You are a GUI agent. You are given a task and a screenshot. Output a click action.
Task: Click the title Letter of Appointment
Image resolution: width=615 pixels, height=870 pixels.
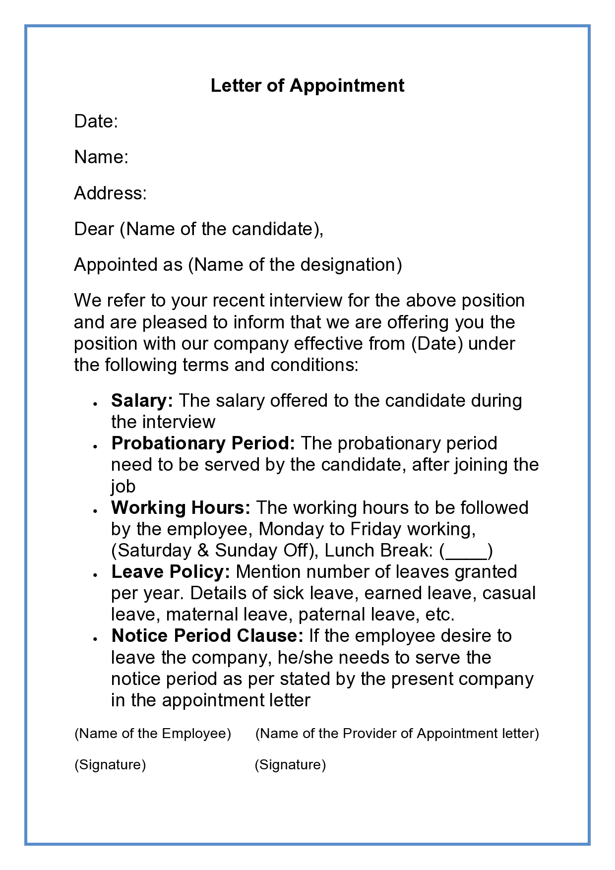click(x=307, y=86)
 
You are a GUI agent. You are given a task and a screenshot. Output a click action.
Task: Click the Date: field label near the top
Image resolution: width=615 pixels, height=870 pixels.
click(x=96, y=122)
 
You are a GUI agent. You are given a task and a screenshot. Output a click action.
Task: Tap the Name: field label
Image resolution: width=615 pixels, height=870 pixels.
click(x=101, y=157)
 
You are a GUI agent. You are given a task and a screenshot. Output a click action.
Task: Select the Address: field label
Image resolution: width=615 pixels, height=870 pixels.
click(x=110, y=193)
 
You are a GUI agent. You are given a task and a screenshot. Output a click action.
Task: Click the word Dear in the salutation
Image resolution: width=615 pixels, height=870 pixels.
click(x=94, y=229)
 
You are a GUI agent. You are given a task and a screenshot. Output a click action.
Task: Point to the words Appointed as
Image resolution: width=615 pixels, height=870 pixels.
click(x=128, y=265)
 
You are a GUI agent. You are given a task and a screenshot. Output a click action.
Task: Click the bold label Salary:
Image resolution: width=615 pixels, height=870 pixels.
click(x=142, y=400)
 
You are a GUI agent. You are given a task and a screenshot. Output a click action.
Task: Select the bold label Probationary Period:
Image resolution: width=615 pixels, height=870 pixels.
click(x=203, y=443)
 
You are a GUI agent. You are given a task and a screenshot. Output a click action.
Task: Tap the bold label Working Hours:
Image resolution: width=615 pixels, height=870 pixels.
click(x=181, y=507)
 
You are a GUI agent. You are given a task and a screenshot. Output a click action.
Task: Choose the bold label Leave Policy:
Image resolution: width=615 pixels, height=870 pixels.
click(x=171, y=571)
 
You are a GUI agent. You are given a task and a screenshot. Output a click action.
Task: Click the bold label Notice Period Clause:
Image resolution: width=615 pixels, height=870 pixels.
click(x=207, y=635)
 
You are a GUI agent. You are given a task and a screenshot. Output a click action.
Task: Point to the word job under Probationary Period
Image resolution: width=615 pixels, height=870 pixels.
click(x=123, y=486)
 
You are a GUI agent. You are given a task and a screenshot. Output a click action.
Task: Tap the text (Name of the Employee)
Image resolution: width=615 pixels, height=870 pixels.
click(x=153, y=733)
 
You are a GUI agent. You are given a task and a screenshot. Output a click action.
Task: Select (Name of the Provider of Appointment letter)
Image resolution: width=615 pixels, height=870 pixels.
click(x=397, y=733)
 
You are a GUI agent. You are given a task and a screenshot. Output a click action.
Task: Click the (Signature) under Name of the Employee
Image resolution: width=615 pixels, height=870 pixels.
click(x=110, y=765)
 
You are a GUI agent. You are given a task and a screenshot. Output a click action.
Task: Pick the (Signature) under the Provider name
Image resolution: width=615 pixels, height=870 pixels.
click(x=290, y=765)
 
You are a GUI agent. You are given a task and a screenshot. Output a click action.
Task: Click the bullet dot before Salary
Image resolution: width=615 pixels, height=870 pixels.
click(x=94, y=403)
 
